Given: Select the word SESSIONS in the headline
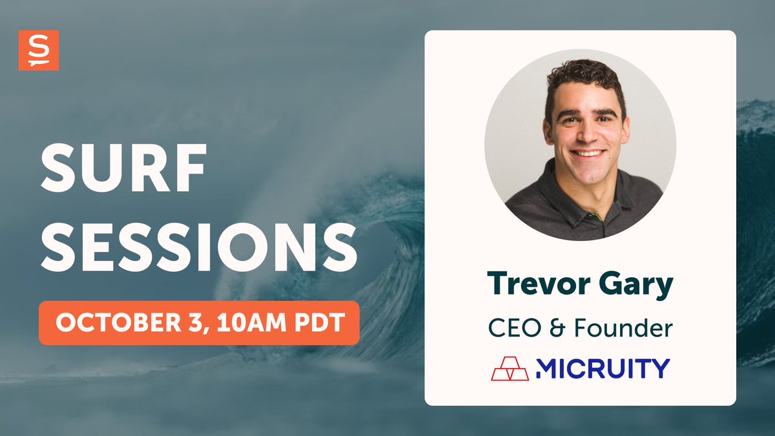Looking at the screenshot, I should [x=198, y=248].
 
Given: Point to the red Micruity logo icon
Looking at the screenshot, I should [x=510, y=368].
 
